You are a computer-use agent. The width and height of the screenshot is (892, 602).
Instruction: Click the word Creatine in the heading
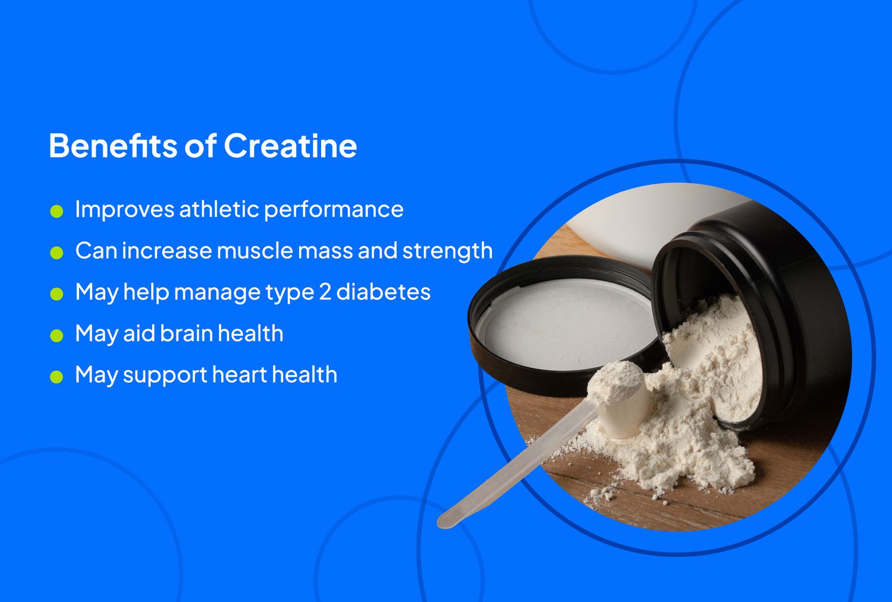(290, 146)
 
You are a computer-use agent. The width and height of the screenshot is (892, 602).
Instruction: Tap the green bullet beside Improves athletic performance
(56, 211)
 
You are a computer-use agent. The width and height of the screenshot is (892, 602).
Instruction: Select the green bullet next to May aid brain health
(56, 335)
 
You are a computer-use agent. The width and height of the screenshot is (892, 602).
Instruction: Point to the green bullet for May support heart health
(56, 377)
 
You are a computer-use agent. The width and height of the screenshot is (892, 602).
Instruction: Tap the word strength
(447, 251)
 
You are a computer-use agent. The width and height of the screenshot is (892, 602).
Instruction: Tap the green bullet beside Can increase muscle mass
(56, 253)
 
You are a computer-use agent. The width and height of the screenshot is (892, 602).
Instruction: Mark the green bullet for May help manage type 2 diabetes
(56, 294)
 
